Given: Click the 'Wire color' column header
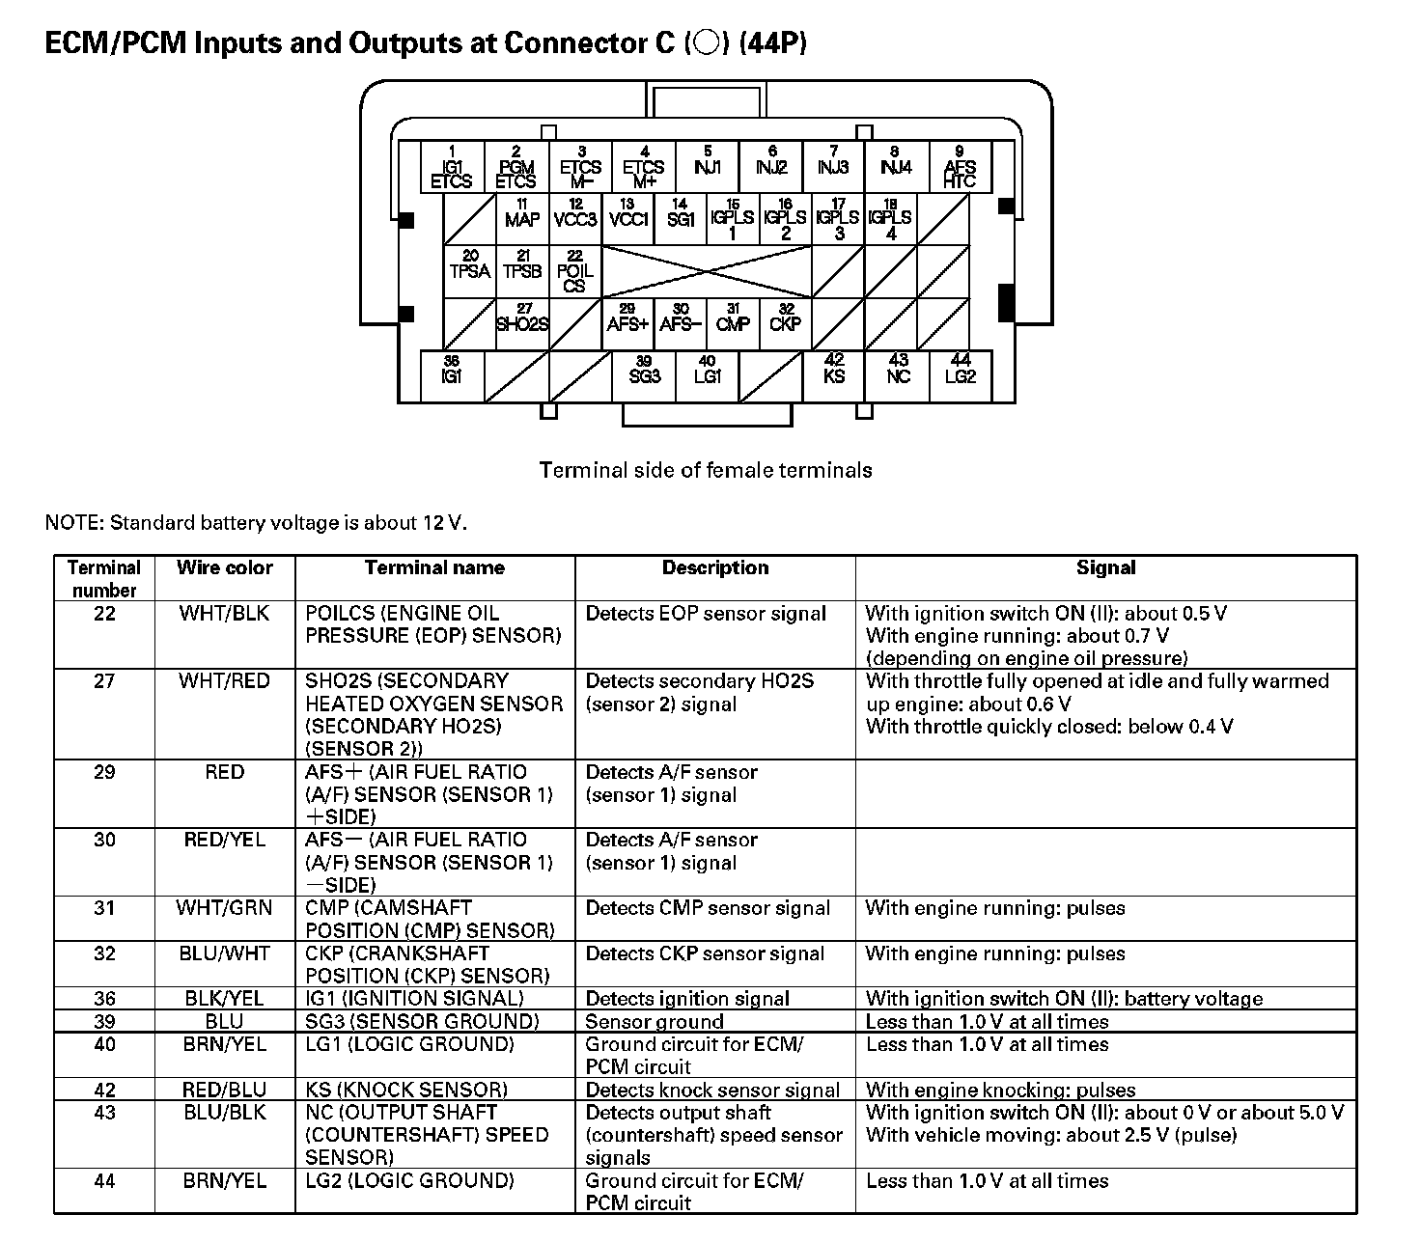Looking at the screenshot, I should click(x=224, y=567).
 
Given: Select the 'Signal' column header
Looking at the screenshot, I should click(x=1105, y=567).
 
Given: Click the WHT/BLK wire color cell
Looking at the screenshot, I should click(x=224, y=613).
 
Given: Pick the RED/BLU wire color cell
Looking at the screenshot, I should click(x=224, y=1090).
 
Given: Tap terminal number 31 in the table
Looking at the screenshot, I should click(x=104, y=907).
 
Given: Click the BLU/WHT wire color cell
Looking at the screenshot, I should click(x=224, y=953).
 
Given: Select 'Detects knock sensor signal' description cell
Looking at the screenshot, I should click(x=712, y=1090).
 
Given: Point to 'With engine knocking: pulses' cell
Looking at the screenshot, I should click(x=1000, y=1090).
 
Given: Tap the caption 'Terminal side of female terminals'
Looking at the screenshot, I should click(x=706, y=470).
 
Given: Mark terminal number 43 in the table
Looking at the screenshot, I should click(x=104, y=1112).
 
